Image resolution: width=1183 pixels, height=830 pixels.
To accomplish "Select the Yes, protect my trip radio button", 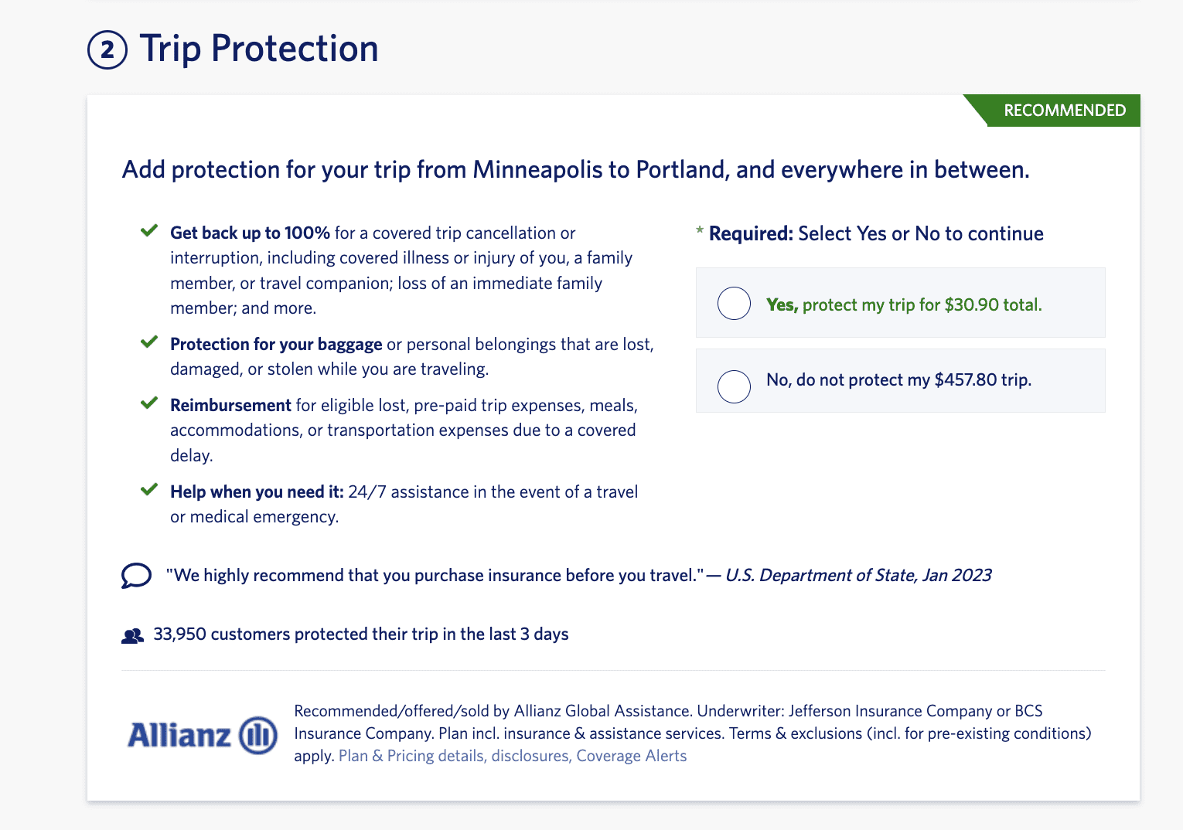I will (x=734, y=303).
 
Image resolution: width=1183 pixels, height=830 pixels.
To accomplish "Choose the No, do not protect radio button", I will (x=734, y=386).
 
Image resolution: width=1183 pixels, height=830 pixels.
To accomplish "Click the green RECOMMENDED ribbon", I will (x=1064, y=111).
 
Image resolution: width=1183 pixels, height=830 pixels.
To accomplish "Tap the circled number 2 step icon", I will (x=107, y=50).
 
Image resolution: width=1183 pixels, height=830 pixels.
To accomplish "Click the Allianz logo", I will (x=202, y=734).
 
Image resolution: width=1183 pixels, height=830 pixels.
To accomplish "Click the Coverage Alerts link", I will (x=631, y=756).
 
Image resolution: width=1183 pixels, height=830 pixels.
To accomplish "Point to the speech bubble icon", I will (x=136, y=576).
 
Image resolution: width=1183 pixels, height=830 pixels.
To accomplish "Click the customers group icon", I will (x=133, y=636).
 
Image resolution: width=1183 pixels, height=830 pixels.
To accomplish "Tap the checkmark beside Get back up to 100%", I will (x=149, y=231).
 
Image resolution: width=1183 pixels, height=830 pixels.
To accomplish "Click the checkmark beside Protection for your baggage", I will (x=149, y=342).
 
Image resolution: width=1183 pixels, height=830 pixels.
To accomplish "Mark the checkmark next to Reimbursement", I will (x=149, y=403).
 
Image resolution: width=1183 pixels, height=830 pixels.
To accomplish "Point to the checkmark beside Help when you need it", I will (x=149, y=490).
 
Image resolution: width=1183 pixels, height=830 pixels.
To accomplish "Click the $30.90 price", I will (x=971, y=304).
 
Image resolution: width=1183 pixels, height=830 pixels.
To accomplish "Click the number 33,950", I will (x=179, y=634).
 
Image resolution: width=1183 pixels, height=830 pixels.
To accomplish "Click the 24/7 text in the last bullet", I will (x=366, y=492).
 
